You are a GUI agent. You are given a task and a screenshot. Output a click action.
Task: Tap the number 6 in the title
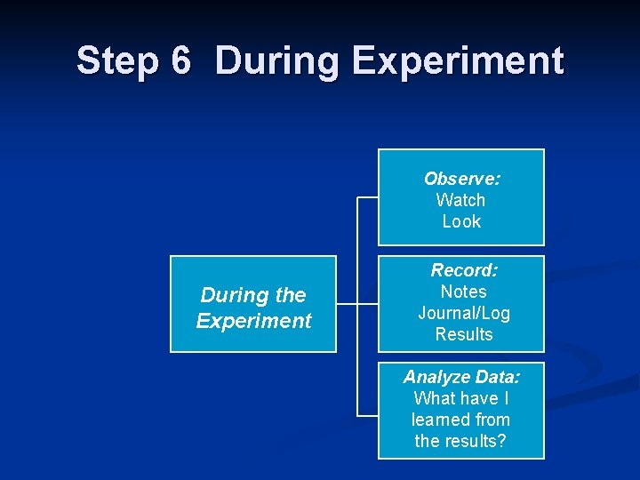(x=180, y=61)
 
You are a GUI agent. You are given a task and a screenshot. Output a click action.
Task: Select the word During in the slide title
(x=275, y=61)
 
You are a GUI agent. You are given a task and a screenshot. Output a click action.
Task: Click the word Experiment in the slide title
(x=457, y=61)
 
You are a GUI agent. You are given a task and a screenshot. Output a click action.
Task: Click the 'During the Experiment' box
(x=253, y=304)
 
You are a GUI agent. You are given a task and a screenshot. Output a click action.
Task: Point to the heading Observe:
(x=461, y=179)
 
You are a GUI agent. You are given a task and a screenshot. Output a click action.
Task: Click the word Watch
(x=460, y=200)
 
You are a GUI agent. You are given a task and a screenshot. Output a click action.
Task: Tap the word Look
(x=461, y=221)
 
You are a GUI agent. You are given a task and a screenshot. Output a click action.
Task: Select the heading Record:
(x=463, y=270)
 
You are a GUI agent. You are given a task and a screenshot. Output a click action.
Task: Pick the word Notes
(x=463, y=292)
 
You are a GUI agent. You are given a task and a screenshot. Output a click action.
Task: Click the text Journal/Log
(x=463, y=313)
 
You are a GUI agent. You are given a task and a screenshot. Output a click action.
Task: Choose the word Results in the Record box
(x=463, y=334)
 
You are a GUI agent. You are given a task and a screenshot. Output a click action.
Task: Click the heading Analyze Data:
(x=461, y=377)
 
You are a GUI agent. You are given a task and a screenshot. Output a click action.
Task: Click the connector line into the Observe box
(x=367, y=197)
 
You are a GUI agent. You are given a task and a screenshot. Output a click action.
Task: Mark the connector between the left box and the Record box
(x=357, y=304)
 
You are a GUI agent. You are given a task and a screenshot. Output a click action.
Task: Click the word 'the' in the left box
(x=291, y=295)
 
